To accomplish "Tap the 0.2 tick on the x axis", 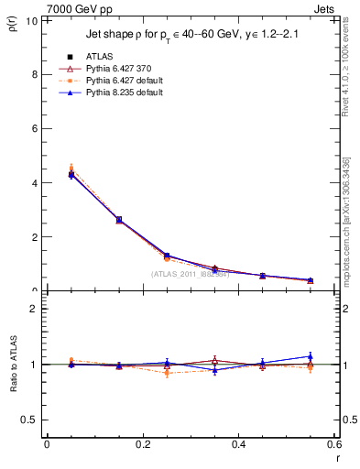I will click(x=142, y=444).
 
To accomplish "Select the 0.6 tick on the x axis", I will click(x=334, y=444).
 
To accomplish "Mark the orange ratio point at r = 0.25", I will click(x=167, y=372).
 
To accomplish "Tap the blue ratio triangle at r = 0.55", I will click(x=311, y=356).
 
